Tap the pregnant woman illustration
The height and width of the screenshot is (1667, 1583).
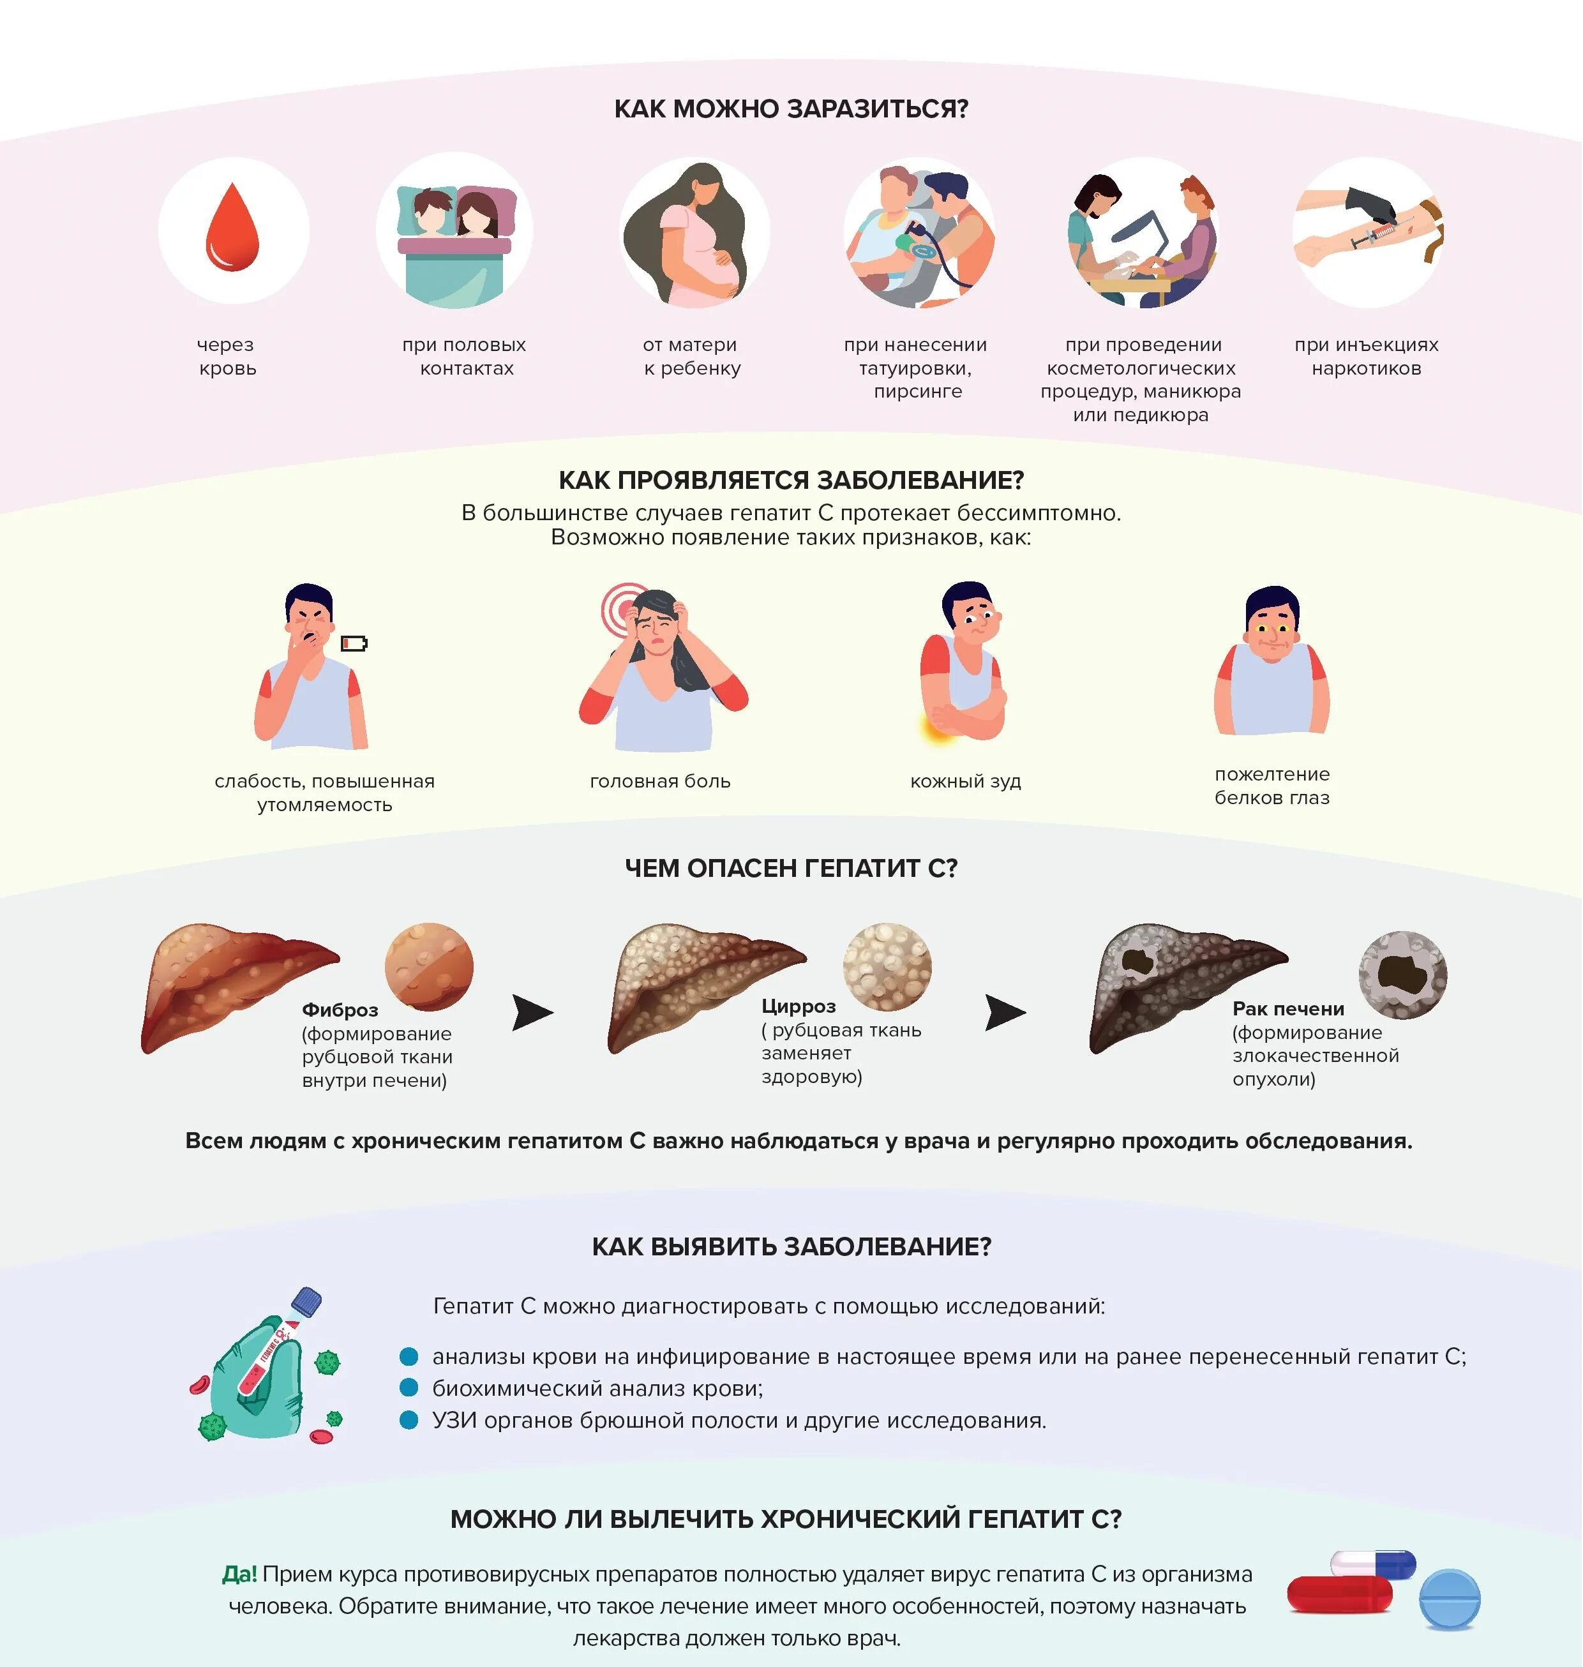(694, 234)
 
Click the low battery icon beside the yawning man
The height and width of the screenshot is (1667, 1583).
(354, 644)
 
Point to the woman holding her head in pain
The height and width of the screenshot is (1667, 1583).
(663, 666)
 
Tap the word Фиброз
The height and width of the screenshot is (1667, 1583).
(340, 1010)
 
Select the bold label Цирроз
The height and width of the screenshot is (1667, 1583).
(799, 1006)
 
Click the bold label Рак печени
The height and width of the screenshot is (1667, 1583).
(1287, 1008)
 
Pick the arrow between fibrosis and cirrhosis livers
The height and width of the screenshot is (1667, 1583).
(532, 1012)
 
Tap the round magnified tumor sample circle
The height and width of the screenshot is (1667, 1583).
(1402, 975)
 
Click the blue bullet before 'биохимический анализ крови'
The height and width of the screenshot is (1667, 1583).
(409, 1387)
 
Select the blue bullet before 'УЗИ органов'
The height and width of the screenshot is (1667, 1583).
(409, 1420)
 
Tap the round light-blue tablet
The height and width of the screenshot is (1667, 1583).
(1450, 1599)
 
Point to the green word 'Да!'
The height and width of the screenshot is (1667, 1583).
(239, 1574)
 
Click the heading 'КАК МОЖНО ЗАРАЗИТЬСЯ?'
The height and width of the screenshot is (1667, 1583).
(791, 109)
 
